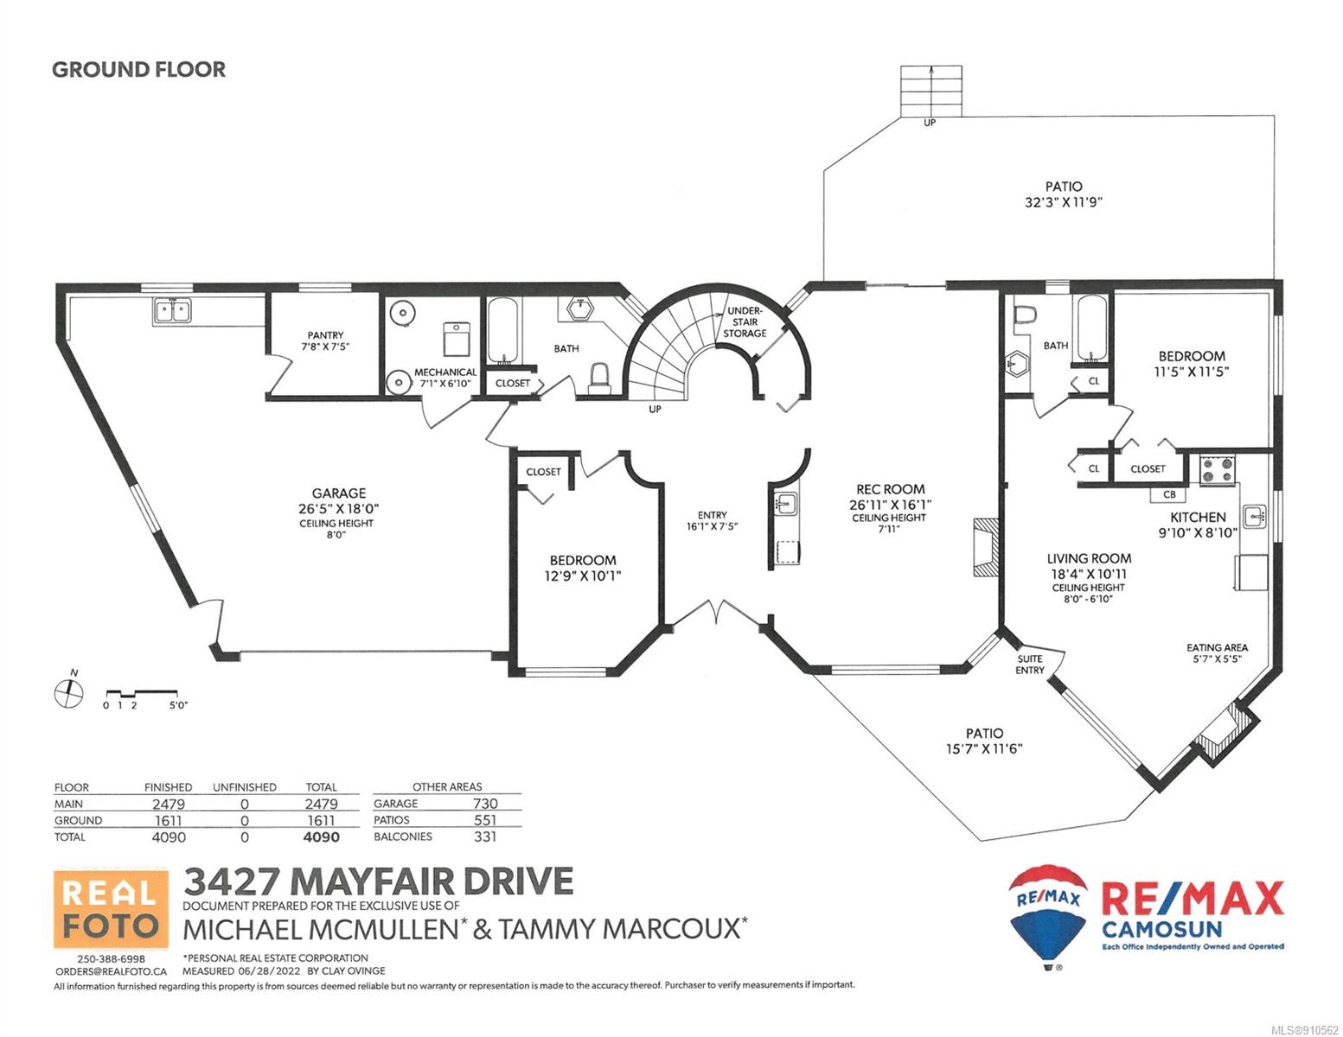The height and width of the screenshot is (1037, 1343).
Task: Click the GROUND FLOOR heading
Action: [x=138, y=70]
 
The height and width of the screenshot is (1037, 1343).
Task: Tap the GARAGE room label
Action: [x=338, y=493]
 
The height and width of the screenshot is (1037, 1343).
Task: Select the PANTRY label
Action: [x=325, y=335]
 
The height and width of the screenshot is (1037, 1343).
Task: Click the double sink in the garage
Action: [x=172, y=310]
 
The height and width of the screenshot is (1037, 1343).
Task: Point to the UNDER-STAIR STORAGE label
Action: [x=745, y=321]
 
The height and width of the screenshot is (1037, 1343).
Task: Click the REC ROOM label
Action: [x=890, y=489]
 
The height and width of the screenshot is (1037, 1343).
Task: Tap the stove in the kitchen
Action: [x=1217, y=470]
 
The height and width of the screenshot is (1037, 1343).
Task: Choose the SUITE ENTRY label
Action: [x=1030, y=664]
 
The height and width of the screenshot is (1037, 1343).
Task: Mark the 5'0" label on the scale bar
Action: [x=179, y=705]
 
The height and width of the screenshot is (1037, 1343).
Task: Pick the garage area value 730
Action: [x=485, y=804]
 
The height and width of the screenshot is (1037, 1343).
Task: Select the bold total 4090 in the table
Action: [x=321, y=837]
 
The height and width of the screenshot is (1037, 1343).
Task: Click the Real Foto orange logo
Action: [x=111, y=908]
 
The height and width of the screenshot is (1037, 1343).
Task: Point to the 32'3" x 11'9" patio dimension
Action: [x=1064, y=202]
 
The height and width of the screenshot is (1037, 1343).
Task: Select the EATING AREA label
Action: [x=1217, y=647]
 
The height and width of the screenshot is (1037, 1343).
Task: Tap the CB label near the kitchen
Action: [x=1169, y=494]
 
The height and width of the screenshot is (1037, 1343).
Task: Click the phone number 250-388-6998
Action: [x=112, y=959]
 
